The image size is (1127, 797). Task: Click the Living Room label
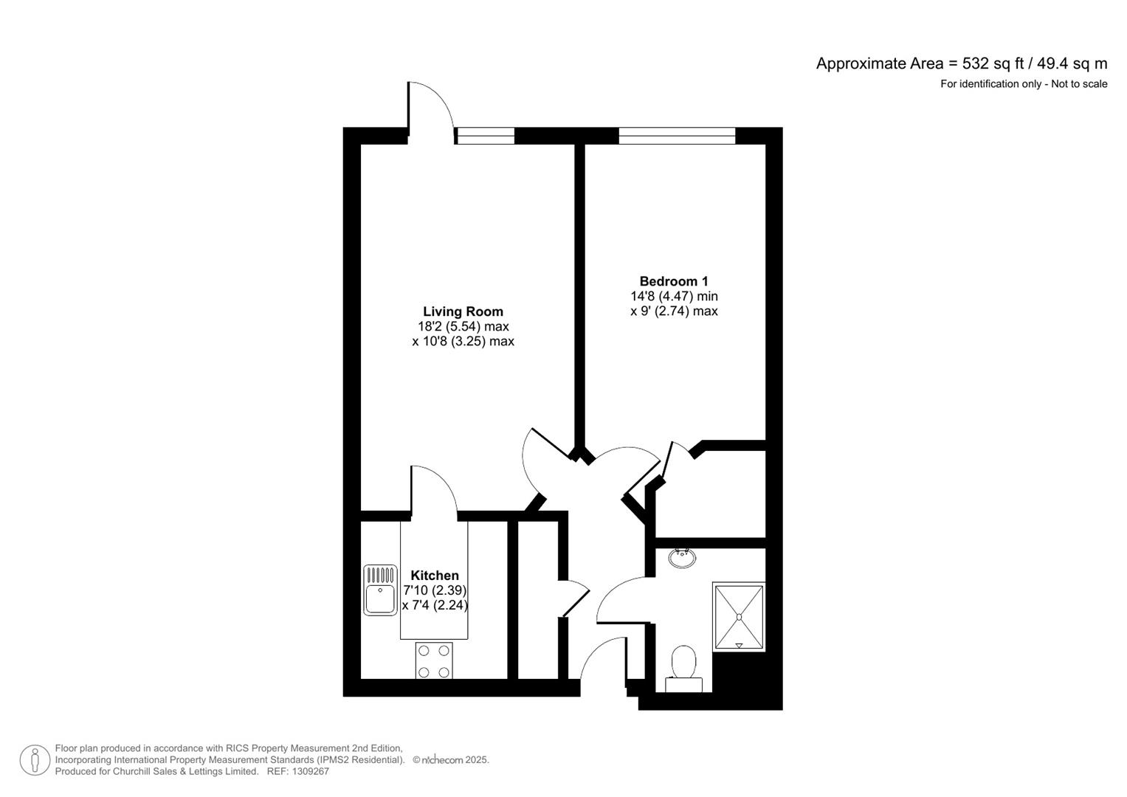463,311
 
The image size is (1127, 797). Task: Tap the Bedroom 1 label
673,281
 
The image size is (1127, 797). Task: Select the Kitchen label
435,576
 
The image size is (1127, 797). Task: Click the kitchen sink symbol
381,590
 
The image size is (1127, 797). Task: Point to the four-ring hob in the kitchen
434,661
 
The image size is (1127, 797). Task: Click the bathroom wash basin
681,558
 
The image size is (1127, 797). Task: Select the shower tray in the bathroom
739,617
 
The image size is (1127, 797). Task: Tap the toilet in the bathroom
683,669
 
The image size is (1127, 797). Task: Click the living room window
485,136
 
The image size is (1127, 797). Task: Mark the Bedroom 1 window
677,136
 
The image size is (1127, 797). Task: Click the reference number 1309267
310,771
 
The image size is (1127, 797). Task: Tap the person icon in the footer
35,760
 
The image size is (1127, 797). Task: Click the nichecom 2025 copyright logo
451,760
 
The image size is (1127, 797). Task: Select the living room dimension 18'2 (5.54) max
463,326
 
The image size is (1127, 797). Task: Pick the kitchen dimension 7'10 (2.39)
435,590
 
